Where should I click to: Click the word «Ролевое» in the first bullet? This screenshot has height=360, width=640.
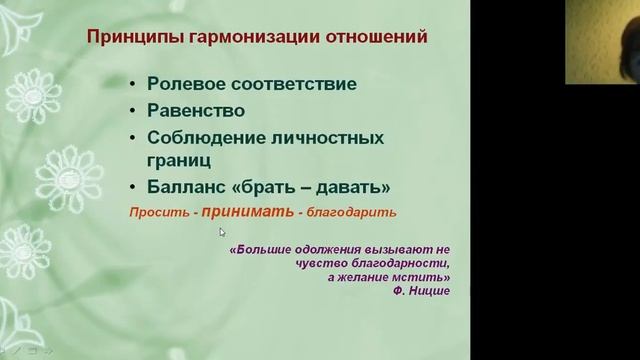click(x=191, y=85)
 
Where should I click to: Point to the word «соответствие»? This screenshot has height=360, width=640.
click(x=290, y=85)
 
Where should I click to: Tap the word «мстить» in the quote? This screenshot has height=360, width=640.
click(x=428, y=278)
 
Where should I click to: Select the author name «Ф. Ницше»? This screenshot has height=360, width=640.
click(x=423, y=291)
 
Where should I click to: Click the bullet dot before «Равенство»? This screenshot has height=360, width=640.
click(x=134, y=111)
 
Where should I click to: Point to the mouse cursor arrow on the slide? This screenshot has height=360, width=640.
click(x=223, y=232)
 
